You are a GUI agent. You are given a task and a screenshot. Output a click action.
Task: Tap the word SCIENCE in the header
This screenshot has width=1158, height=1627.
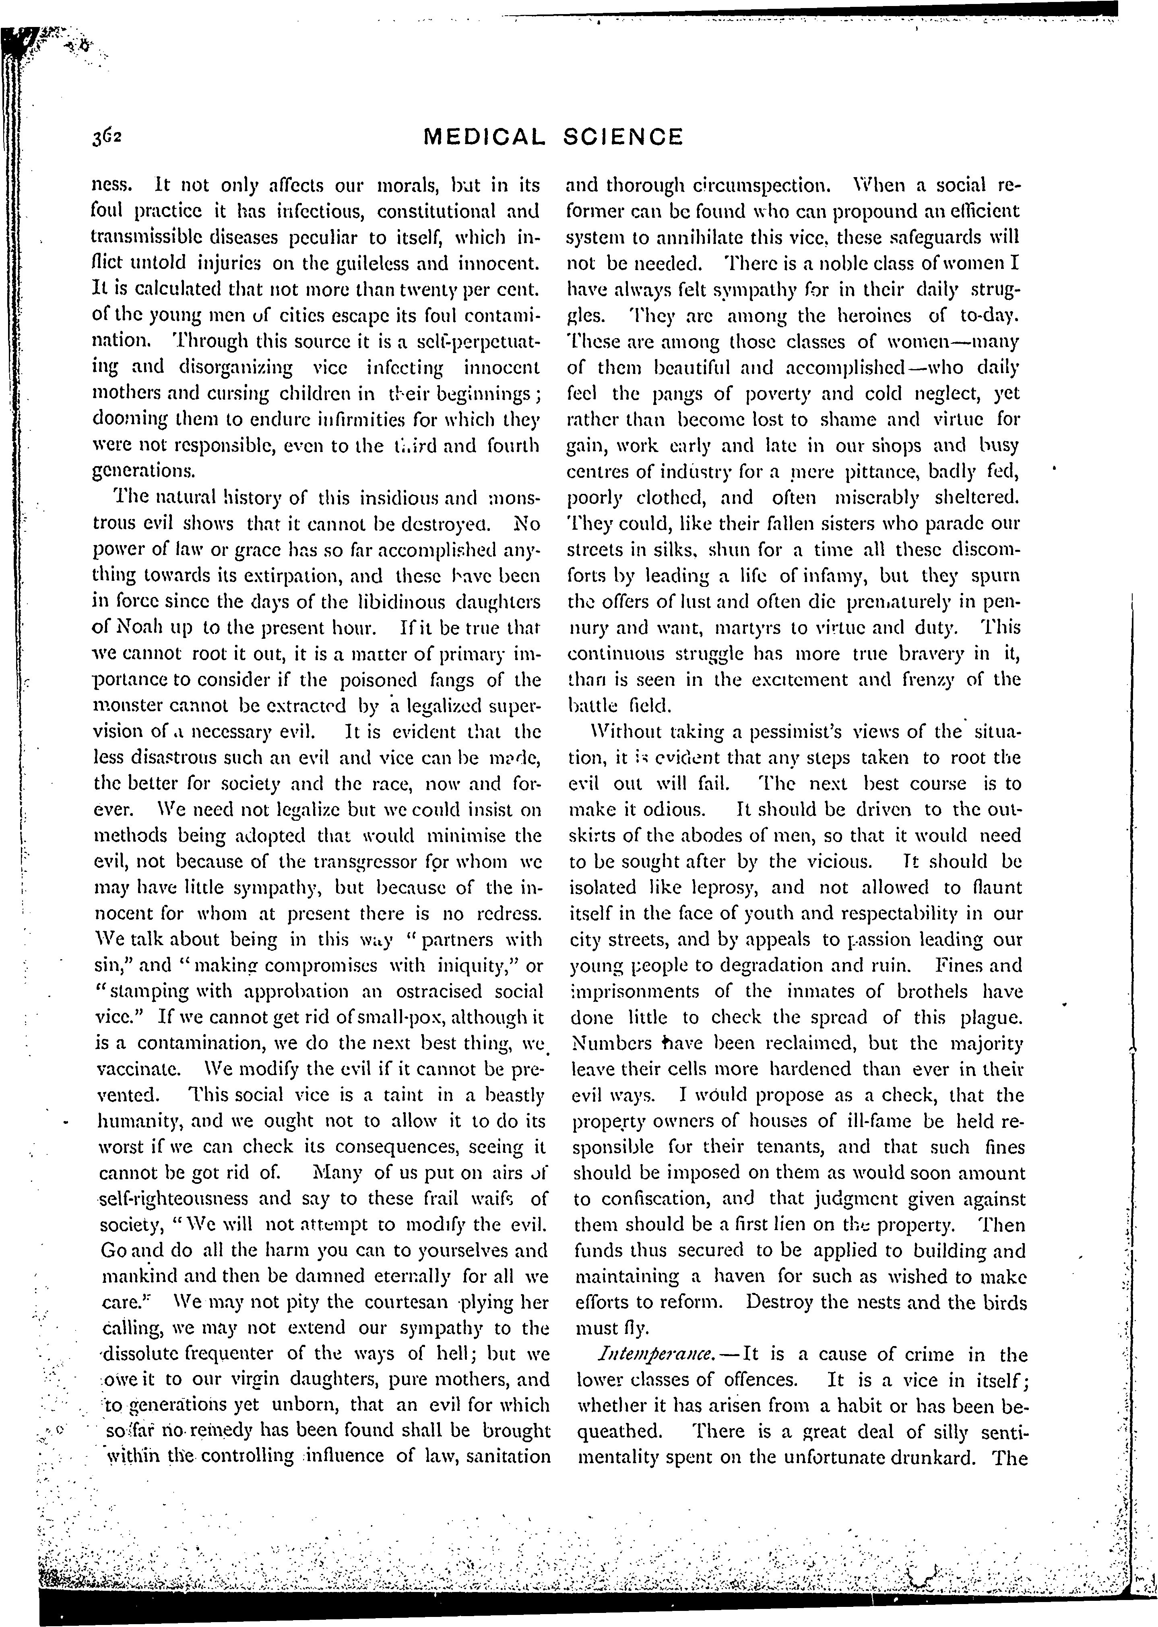pos(623,137)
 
